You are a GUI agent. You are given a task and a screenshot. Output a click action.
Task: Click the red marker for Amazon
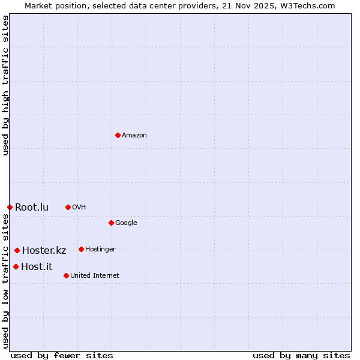tap(118, 135)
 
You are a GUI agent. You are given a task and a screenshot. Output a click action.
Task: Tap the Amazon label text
tap(134, 136)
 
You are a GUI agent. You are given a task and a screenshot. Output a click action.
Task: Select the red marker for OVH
tap(68, 207)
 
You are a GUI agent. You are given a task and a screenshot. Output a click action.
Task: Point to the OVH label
tap(79, 208)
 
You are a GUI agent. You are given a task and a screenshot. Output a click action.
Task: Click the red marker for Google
tap(111, 223)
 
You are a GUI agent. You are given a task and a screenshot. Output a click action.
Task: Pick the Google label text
tap(126, 223)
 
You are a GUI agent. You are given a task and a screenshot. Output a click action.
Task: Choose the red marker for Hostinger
tap(81, 249)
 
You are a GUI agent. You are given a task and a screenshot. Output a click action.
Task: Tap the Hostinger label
tap(100, 250)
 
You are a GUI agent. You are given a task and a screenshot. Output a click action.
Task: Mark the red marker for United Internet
tap(66, 275)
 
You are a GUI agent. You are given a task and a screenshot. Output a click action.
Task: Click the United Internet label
tap(94, 276)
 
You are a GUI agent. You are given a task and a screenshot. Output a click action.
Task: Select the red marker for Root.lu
tap(10, 207)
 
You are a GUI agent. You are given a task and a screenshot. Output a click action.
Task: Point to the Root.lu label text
tap(32, 208)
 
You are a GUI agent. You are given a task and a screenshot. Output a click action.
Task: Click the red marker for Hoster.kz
tap(17, 250)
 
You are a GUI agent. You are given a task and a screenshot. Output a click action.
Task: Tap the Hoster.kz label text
tap(44, 251)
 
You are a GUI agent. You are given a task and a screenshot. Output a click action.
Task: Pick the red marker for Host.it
tap(16, 266)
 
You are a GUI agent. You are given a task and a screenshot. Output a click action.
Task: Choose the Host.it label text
tap(37, 267)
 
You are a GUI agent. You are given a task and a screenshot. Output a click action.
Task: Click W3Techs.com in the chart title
tap(309, 6)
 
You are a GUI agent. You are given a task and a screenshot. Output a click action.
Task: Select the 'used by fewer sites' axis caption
tap(62, 355)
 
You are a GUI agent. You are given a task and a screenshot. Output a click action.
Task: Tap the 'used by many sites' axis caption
tap(301, 355)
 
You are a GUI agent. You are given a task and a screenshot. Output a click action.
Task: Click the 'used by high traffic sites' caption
tap(5, 85)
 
